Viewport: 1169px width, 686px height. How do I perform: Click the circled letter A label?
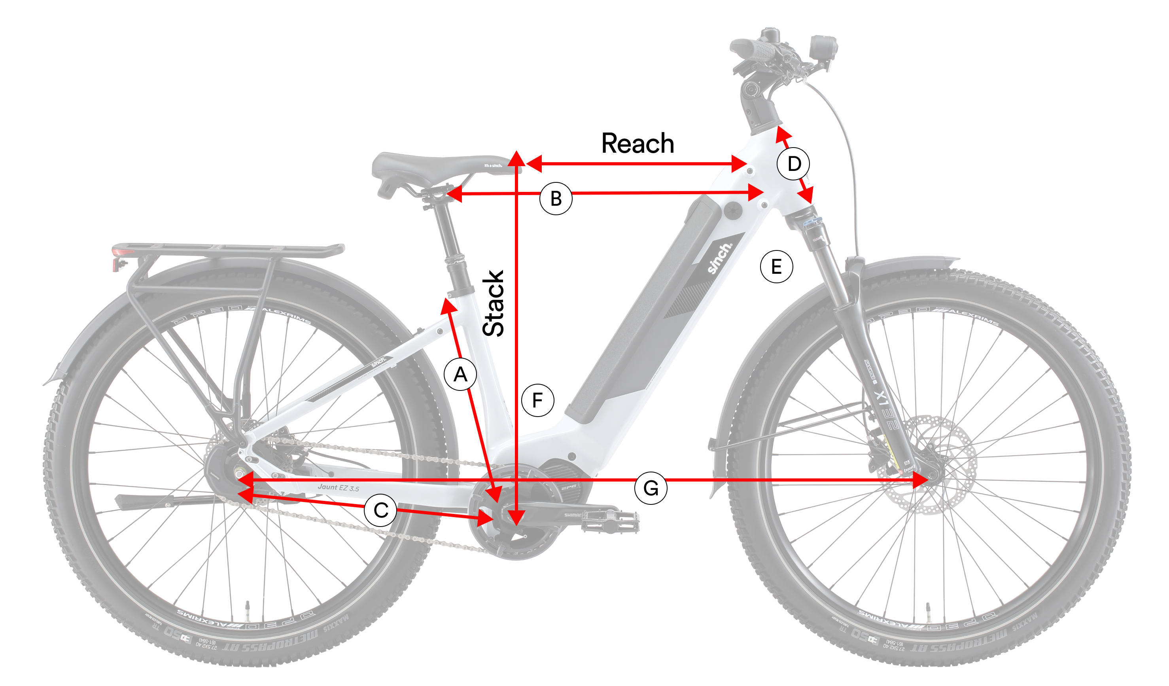pyautogui.click(x=460, y=374)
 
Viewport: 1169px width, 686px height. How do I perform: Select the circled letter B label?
pyautogui.click(x=556, y=199)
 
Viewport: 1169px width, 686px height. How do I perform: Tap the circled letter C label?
pyautogui.click(x=380, y=510)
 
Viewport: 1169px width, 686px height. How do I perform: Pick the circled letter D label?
pyautogui.click(x=794, y=164)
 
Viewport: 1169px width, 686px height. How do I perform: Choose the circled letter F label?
pyautogui.click(x=538, y=400)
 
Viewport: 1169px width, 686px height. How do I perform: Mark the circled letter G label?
pyautogui.click(x=651, y=488)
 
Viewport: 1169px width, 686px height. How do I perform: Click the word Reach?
pyautogui.click(x=637, y=144)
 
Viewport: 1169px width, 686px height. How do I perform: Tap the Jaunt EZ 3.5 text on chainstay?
pyautogui.click(x=338, y=487)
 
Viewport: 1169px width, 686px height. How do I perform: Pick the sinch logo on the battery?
pyautogui.click(x=719, y=258)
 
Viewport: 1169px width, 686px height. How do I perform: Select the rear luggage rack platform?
pyautogui.click(x=227, y=249)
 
